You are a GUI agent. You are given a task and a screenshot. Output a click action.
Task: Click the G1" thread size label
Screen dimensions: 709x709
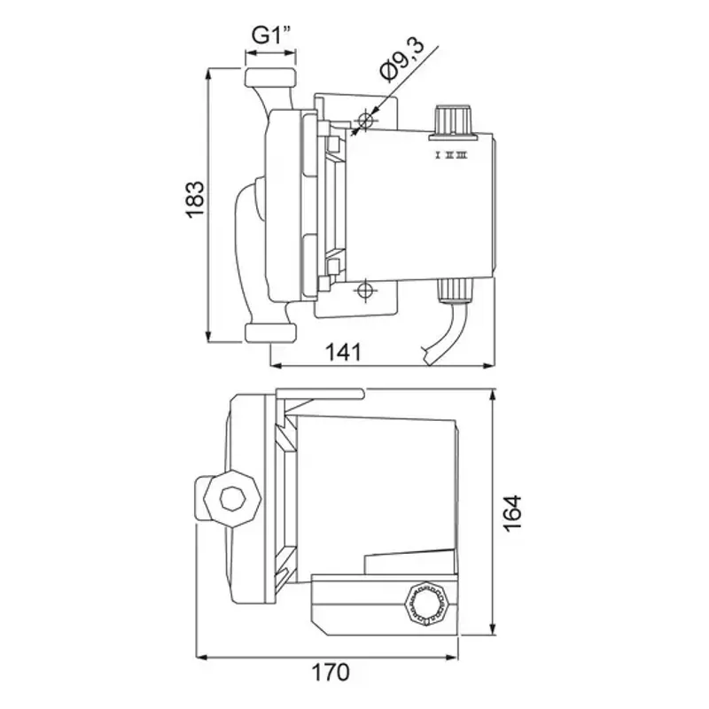tap(270, 35)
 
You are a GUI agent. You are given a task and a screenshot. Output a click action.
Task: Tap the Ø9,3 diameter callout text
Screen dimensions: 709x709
tap(402, 61)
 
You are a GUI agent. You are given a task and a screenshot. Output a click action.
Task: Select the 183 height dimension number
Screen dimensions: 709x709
tap(195, 200)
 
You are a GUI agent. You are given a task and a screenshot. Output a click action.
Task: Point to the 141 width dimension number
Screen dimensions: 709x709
tap(343, 352)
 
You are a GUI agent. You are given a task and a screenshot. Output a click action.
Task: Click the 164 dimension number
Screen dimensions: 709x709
tap(512, 514)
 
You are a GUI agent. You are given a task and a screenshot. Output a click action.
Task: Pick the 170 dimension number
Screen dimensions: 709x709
tap(331, 672)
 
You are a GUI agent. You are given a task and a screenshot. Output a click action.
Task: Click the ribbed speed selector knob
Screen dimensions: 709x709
tap(452, 120)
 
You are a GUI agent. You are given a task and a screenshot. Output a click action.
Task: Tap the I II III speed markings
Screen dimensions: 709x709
tap(451, 156)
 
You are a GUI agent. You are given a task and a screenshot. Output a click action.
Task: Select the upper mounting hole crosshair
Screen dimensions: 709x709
tap(365, 121)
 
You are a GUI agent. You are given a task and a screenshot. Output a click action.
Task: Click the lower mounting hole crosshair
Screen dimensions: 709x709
tap(365, 290)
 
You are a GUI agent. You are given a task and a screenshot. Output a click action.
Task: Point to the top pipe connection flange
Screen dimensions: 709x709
tap(270, 77)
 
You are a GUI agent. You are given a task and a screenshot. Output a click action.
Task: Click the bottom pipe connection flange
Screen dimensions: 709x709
tap(270, 332)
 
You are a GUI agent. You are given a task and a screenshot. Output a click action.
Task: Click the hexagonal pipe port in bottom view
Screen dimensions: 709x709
tap(233, 499)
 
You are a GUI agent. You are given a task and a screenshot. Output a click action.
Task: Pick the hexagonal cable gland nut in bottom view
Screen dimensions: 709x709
tap(426, 604)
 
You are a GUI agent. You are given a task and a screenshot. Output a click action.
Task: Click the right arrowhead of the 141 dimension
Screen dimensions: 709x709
tap(488, 365)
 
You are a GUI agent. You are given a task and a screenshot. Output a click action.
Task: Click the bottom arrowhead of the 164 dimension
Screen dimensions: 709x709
tap(493, 628)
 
